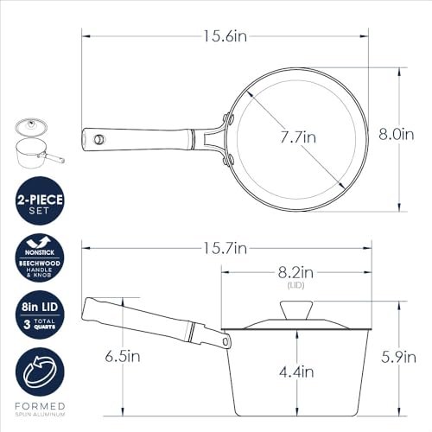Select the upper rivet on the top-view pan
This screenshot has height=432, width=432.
(x=228, y=116)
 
